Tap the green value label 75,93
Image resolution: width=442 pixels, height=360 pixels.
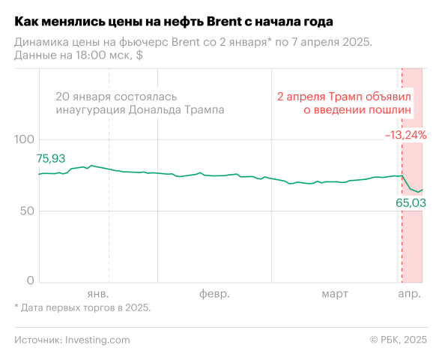(51, 158)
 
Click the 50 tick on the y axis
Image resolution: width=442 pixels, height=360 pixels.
(27, 211)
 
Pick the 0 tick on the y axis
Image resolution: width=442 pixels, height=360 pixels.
(31, 280)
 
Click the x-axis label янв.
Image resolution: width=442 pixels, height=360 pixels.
(98, 293)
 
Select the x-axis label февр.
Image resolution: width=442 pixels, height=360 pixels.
(214, 293)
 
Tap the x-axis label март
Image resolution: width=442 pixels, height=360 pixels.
(335, 293)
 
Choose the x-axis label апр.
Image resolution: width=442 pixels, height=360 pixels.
(409, 293)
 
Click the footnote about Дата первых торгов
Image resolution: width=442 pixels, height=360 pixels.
(82, 307)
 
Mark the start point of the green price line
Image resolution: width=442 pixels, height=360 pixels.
(39, 174)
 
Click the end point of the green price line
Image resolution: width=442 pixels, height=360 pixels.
(423, 190)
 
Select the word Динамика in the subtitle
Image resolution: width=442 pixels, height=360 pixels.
(41, 43)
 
